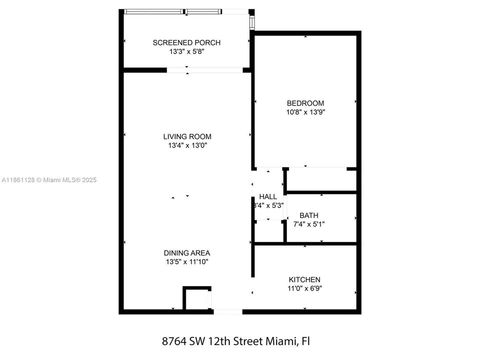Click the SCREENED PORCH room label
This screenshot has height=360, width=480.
(186, 42)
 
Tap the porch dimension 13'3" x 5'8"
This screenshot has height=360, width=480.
(186, 51)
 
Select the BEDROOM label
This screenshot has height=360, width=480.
(305, 103)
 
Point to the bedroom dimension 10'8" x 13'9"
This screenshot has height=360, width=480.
(305, 112)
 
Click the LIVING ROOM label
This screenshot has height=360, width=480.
(187, 136)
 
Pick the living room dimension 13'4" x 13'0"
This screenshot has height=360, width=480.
(187, 145)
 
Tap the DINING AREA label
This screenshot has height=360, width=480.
(187, 252)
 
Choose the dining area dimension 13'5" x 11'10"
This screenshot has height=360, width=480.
(187, 261)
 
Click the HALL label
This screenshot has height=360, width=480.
(268, 196)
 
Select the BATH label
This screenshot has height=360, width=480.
(308, 215)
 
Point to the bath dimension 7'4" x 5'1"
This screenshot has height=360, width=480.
(308, 224)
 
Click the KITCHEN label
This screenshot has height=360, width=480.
(304, 279)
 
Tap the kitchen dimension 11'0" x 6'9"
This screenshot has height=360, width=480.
(304, 288)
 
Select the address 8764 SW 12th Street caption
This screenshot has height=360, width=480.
(236, 341)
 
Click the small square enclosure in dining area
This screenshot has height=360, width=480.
(196, 299)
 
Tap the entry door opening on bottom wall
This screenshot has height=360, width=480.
(227, 311)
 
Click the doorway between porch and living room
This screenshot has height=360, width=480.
(204, 70)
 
